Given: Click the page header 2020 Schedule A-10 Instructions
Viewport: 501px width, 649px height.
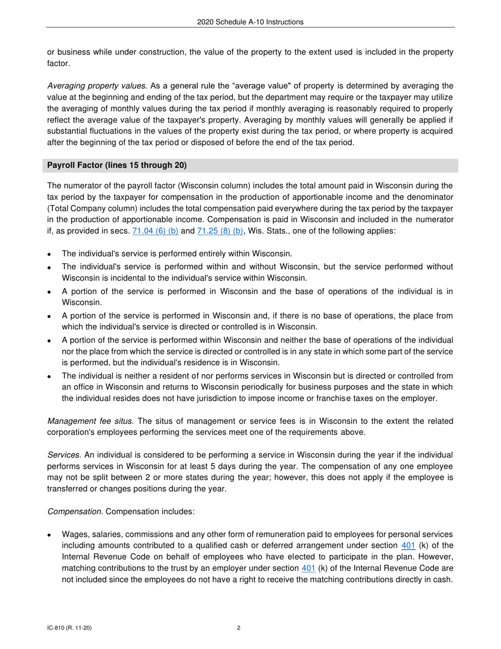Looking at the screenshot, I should (250, 22).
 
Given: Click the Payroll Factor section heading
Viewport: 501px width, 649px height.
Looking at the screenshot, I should (117, 165).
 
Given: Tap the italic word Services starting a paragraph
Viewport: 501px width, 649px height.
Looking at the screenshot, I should (64, 455).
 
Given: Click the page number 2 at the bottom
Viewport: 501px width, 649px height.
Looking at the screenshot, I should (239, 628).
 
